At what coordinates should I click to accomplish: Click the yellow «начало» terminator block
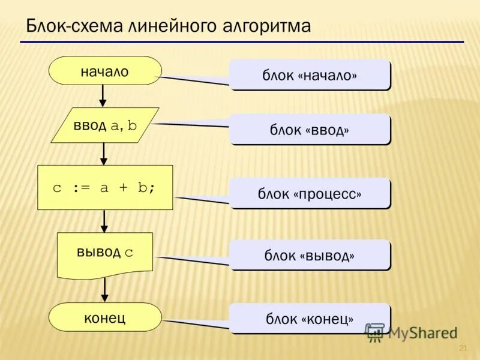click(105, 71)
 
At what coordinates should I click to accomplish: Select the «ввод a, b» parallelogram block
click(105, 125)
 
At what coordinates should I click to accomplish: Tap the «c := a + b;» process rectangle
click(105, 187)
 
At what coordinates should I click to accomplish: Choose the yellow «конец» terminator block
click(105, 317)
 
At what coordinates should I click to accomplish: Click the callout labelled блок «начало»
click(310, 75)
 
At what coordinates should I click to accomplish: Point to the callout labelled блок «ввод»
click(310, 130)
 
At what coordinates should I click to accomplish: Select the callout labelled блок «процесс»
click(310, 193)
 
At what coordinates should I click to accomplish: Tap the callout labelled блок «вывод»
click(310, 255)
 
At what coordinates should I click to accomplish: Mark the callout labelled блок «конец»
click(310, 319)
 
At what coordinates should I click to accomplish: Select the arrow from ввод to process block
click(103, 154)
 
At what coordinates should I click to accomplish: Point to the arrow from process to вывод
click(104, 221)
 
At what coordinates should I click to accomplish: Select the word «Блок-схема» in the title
click(64, 27)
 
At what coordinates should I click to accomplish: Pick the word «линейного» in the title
click(157, 27)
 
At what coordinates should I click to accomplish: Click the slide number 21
click(463, 349)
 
